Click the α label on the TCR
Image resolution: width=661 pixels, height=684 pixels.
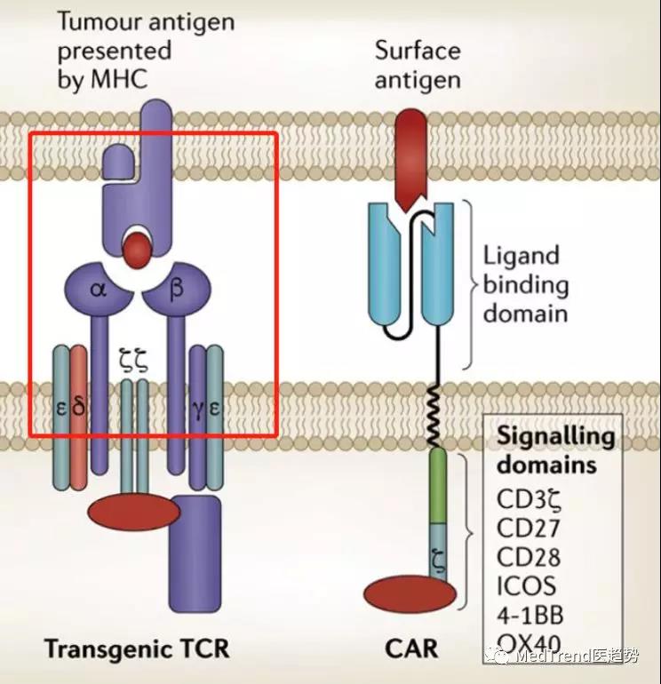(99, 289)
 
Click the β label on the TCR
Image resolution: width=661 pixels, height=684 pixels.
(176, 288)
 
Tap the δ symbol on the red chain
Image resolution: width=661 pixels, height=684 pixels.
(78, 406)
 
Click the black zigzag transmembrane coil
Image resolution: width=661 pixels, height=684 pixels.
(434, 415)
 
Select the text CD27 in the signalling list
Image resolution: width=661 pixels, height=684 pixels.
(528, 528)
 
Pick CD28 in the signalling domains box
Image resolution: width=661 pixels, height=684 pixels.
(529, 557)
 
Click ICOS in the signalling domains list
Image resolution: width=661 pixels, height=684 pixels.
(527, 586)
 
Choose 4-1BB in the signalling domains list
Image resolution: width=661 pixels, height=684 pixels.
(530, 615)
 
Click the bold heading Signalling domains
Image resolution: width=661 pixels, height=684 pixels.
(555, 449)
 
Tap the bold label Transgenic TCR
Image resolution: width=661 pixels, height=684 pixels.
(137, 648)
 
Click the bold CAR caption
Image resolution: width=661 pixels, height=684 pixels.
(411, 648)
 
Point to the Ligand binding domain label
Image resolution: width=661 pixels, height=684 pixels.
(526, 284)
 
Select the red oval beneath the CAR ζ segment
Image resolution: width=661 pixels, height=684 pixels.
(410, 594)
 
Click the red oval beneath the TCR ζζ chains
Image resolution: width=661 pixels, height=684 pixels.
(134, 512)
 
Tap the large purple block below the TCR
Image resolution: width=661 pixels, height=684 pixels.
(195, 553)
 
